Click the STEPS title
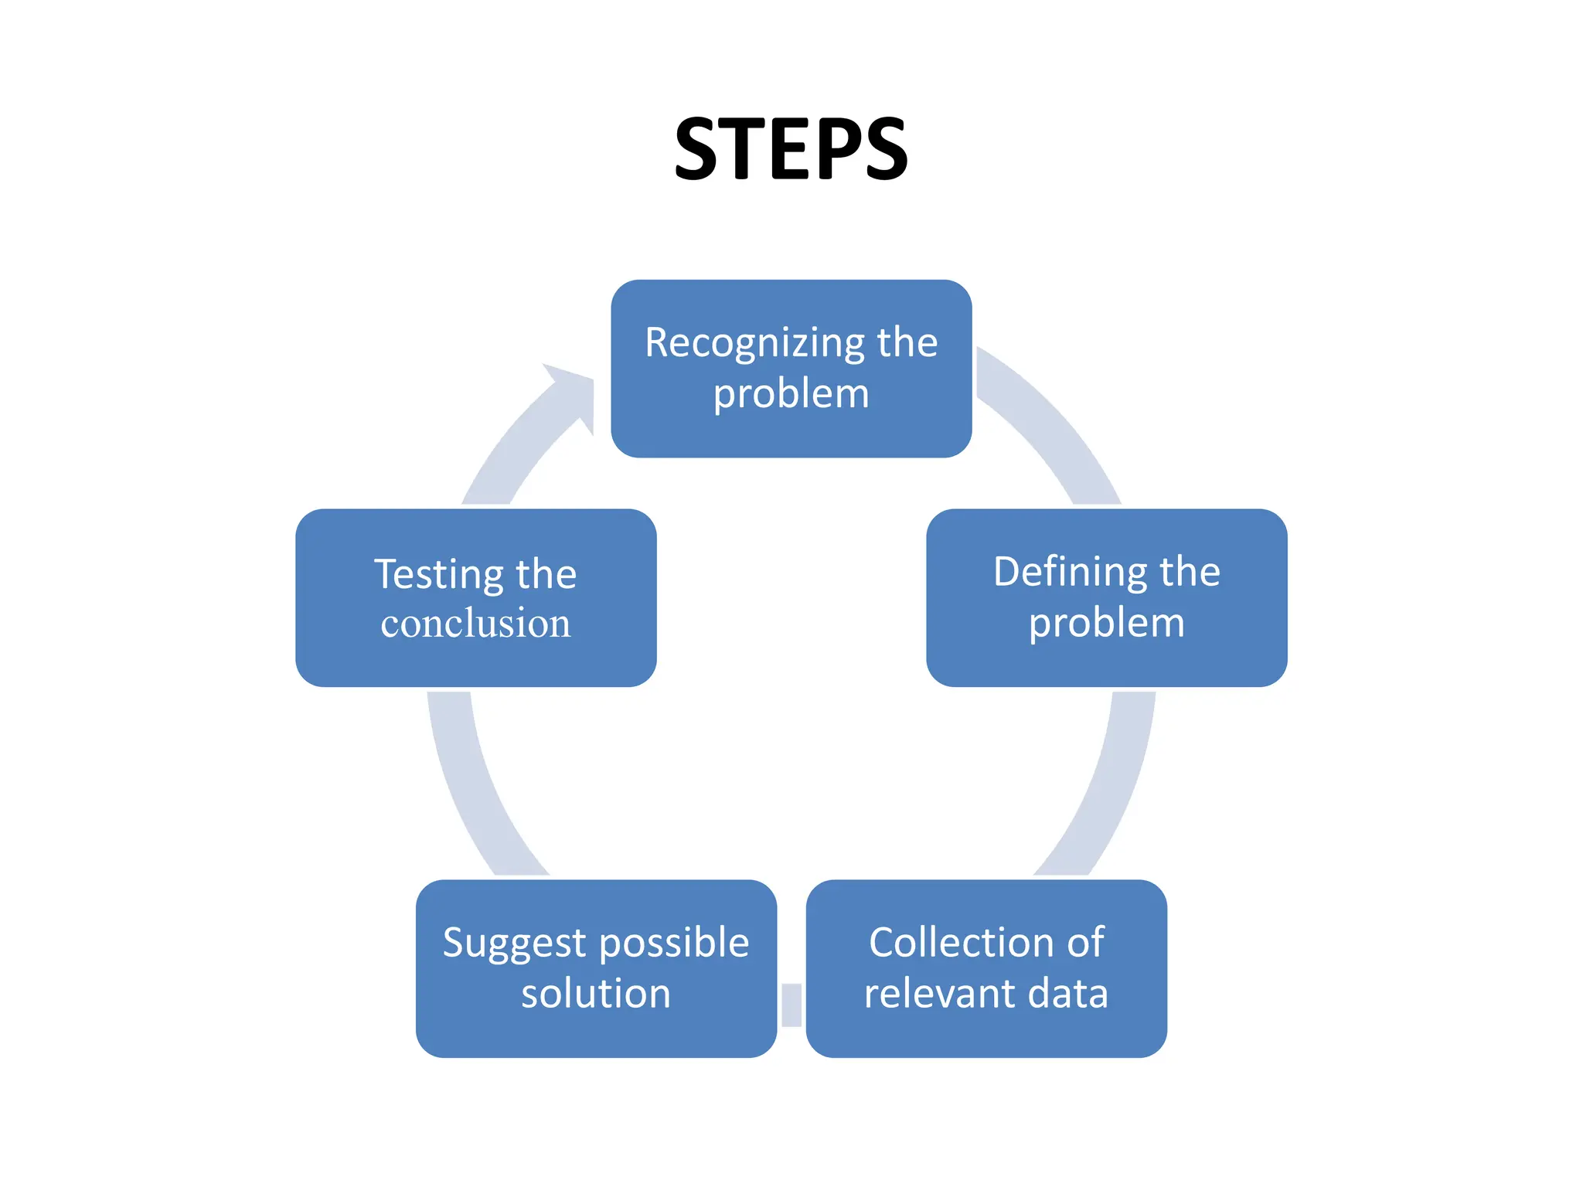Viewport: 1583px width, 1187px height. pyautogui.click(x=791, y=148)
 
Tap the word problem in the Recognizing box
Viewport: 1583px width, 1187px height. pyautogui.click(x=791, y=395)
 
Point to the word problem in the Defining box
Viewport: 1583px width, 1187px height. pyautogui.click(x=1106, y=624)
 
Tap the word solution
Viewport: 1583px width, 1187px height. pyautogui.click(x=596, y=994)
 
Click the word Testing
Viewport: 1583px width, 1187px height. pyautogui.click(x=439, y=575)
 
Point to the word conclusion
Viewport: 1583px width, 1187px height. pyautogui.click(x=475, y=624)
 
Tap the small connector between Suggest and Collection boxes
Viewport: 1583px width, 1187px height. pyautogui.click(x=791, y=1005)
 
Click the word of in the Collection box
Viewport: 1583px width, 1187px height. pyautogui.click(x=1085, y=942)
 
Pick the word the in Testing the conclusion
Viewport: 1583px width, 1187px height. pyautogui.click(x=546, y=575)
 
